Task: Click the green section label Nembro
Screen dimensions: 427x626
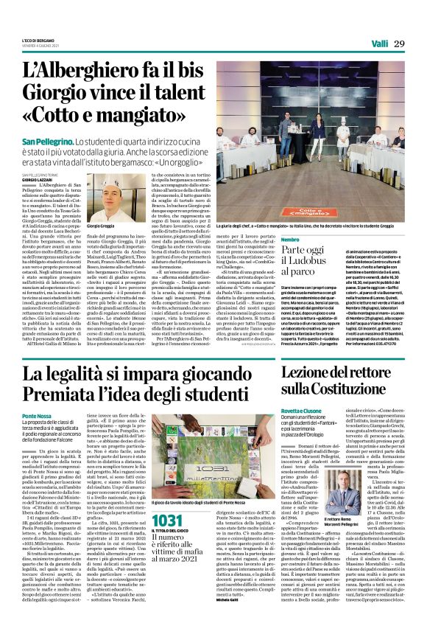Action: pyautogui.click(x=290, y=240)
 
